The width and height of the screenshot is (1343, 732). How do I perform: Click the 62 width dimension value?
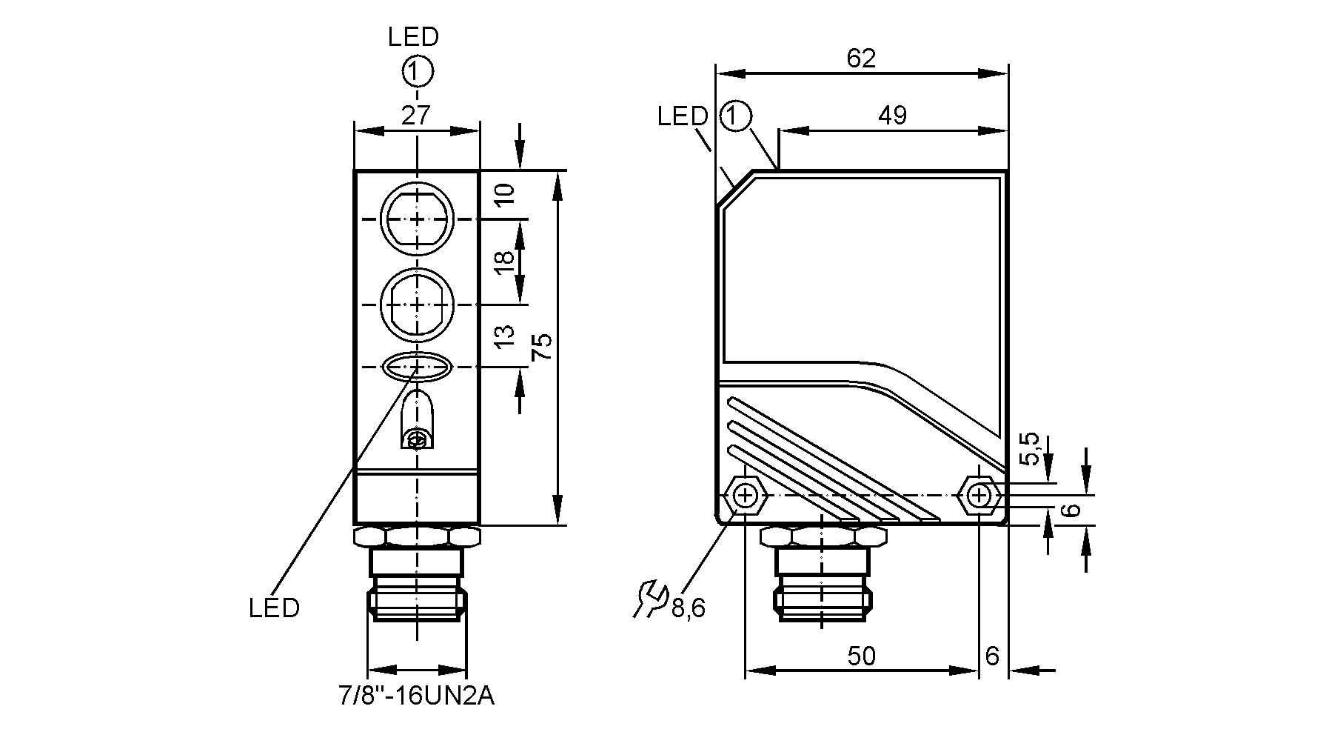[861, 59]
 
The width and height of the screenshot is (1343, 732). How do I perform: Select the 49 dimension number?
[892, 116]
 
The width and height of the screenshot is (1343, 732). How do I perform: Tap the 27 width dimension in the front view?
[416, 116]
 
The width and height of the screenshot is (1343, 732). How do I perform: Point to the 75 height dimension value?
[543, 347]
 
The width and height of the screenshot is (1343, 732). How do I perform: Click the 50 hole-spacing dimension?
[861, 656]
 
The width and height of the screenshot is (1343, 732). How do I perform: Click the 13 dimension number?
[503, 336]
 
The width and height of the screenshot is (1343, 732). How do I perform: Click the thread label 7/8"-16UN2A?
[416, 696]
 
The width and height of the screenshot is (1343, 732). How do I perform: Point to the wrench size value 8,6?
[689, 609]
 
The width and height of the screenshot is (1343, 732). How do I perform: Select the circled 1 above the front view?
[418, 72]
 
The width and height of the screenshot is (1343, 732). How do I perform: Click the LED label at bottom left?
[274, 608]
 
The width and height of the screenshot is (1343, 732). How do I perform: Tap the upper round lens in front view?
[418, 219]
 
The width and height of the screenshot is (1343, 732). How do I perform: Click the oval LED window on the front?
[418, 366]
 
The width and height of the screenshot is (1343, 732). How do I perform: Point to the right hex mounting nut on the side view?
[980, 495]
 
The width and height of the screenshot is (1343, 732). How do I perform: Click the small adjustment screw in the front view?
[418, 441]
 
